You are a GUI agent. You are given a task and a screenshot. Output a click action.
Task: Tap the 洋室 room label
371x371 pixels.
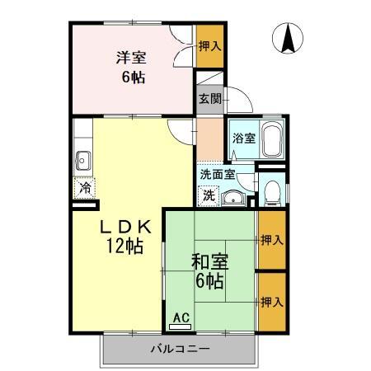[130, 59]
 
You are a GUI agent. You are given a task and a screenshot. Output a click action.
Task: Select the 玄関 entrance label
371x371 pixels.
[209, 99]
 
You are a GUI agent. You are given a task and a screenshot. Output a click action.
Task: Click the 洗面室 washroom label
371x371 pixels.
[218, 175]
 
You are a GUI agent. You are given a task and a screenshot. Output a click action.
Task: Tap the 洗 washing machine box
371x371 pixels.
[209, 195]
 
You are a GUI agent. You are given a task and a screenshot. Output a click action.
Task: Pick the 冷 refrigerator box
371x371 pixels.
[85, 188]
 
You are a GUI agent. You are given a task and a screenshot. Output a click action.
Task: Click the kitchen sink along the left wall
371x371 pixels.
[82, 160]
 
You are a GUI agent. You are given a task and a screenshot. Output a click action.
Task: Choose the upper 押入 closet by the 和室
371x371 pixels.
[272, 240]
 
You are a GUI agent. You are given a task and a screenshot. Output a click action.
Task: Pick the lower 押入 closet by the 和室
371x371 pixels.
[272, 302]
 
